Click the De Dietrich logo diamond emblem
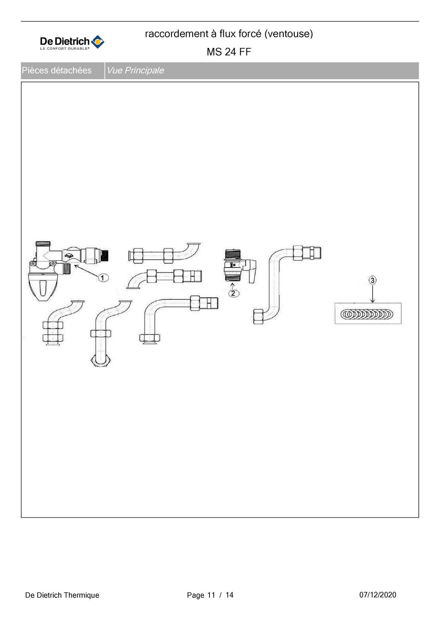click(97, 42)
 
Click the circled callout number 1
click(103, 277)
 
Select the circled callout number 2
click(233, 293)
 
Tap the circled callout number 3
click(372, 280)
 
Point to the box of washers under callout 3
click(368, 314)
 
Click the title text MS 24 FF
click(229, 52)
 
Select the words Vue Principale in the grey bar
click(135, 70)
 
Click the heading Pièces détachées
click(57, 70)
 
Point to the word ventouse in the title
click(288, 34)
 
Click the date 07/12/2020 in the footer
click(378, 595)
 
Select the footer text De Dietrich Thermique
click(62, 595)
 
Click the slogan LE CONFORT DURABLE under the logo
click(65, 49)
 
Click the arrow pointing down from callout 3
click(372, 294)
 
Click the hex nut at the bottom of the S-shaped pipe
click(258, 317)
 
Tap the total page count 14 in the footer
click(229, 595)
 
